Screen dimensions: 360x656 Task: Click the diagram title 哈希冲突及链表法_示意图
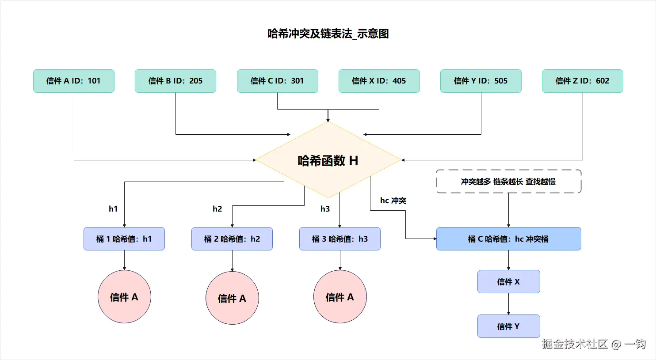click(x=328, y=34)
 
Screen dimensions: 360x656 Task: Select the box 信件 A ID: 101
click(x=74, y=81)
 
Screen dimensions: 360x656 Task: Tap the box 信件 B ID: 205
click(x=175, y=81)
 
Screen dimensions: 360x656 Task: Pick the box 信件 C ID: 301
click(x=277, y=81)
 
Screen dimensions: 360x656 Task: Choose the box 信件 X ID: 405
click(x=379, y=81)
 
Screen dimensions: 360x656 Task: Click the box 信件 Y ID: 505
click(x=481, y=81)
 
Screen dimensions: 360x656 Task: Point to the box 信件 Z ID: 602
click(x=582, y=81)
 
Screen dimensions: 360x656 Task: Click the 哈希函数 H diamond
click(x=328, y=160)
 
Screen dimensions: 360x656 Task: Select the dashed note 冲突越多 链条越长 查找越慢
click(x=508, y=182)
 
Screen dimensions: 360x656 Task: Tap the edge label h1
click(x=113, y=209)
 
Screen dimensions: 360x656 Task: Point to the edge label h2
click(x=217, y=209)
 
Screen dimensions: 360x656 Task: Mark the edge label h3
click(x=325, y=209)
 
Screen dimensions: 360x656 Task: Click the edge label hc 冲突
click(x=393, y=201)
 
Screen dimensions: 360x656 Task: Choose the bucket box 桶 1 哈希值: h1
click(x=124, y=239)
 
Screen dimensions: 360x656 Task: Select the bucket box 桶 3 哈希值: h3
click(x=339, y=239)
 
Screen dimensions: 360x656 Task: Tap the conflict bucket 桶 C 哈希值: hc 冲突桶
click(x=508, y=239)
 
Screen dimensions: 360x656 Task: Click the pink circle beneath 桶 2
click(x=232, y=298)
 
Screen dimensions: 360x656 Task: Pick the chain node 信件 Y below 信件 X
click(x=508, y=326)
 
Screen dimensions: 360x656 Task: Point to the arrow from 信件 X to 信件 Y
click(x=508, y=304)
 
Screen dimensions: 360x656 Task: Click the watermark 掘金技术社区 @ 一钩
click(x=594, y=344)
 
